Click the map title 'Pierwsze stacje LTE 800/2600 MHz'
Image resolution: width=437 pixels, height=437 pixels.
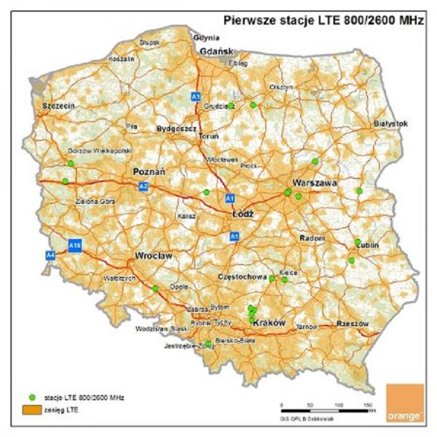pos(323,21)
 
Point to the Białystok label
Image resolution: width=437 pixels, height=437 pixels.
pos(391,124)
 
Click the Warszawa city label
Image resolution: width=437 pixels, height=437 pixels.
pos(315,182)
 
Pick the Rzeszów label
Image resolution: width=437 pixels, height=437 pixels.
pos(353,324)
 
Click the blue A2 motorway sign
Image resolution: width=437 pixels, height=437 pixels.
pos(143,186)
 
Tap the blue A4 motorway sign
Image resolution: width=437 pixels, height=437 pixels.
pos(51,254)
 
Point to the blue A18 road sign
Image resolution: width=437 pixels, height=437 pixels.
pos(74,246)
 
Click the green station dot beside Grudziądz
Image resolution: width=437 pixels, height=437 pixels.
pos(231,105)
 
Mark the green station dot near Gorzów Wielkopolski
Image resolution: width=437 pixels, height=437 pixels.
pos(71,163)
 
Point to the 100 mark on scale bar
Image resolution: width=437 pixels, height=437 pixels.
pos(339,404)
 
